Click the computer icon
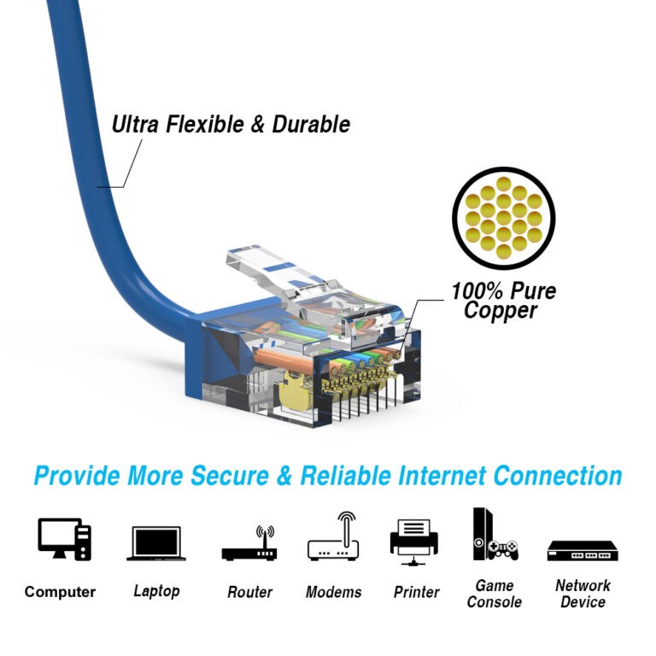tap(64, 539)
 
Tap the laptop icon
tap(155, 542)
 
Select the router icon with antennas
tap(249, 543)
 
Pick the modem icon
tap(333, 537)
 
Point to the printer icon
tap(413, 541)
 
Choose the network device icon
tap(582, 550)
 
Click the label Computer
tap(60, 592)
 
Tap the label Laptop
tap(156, 591)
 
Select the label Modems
tap(333, 592)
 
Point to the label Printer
tap(415, 592)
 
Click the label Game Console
tap(495, 594)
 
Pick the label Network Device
tap(583, 594)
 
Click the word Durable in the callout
tap(311, 125)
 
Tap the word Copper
tap(501, 312)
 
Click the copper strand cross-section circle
tap(503, 218)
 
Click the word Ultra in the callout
tap(136, 125)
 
